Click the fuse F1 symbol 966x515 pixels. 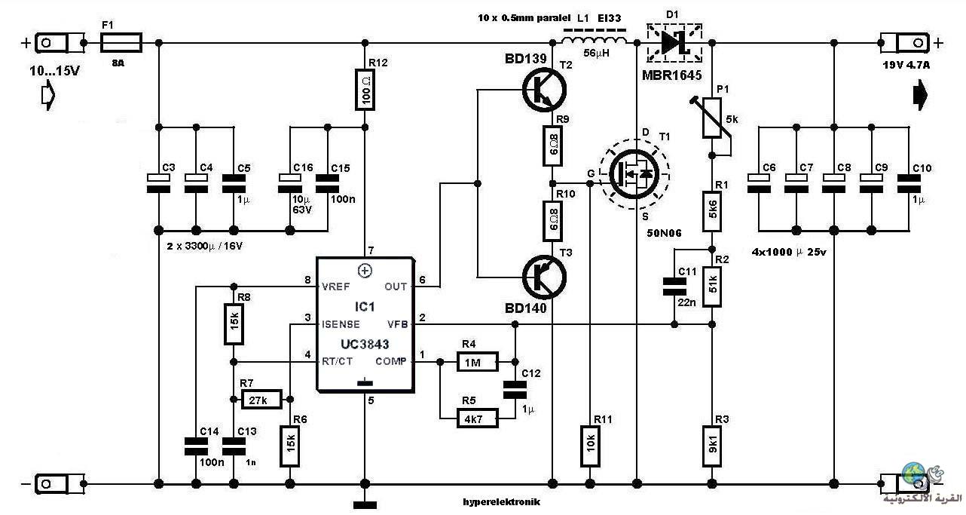coord(121,43)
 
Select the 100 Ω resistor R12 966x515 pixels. coord(365,90)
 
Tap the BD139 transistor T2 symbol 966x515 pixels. coord(544,90)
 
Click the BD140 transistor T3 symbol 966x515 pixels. coord(544,277)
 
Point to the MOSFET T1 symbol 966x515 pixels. coord(634,174)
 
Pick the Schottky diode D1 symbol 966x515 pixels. coord(674,42)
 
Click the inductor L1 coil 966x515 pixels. coord(595,40)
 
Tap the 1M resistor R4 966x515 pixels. coord(477,362)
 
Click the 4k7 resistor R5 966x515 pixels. coord(477,418)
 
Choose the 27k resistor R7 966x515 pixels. coord(261,400)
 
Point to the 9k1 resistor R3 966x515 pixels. coord(712,446)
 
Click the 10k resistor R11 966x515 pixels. coord(590,446)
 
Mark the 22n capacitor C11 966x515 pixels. coord(674,287)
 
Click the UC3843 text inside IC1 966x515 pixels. coord(365,344)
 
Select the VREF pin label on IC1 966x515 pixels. coord(335,287)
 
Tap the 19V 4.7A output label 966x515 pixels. coord(906,65)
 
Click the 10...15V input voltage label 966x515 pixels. coord(54,71)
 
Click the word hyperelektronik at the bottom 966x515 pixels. coord(502,502)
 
